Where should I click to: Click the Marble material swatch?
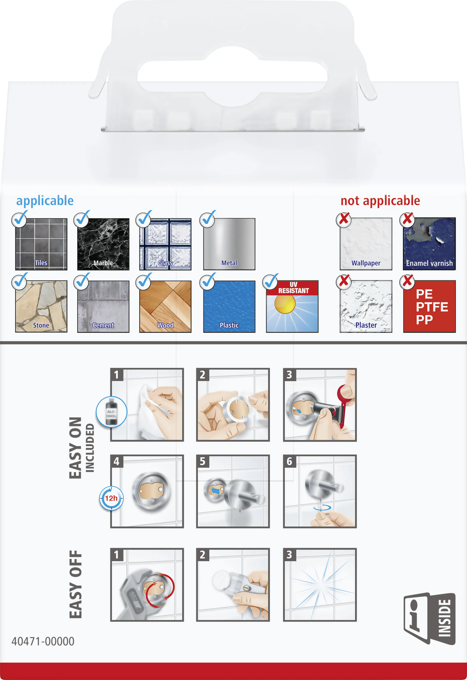pos(103,244)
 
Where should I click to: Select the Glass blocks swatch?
pos(165,244)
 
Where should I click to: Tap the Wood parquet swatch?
pos(165,306)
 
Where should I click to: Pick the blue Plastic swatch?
pos(229,306)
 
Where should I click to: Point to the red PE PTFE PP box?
pos(429,306)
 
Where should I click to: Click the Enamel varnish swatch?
pos(429,244)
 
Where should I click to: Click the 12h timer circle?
pos(111,498)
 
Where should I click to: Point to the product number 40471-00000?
pos(43,641)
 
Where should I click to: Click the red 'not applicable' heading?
pos(380,201)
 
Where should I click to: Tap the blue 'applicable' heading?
pos(45,201)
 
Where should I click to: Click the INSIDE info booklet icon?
pos(430,618)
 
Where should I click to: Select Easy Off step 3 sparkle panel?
pos(320,585)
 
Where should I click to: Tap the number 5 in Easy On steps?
pos(203,461)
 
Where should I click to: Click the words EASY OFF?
pos(76,584)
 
